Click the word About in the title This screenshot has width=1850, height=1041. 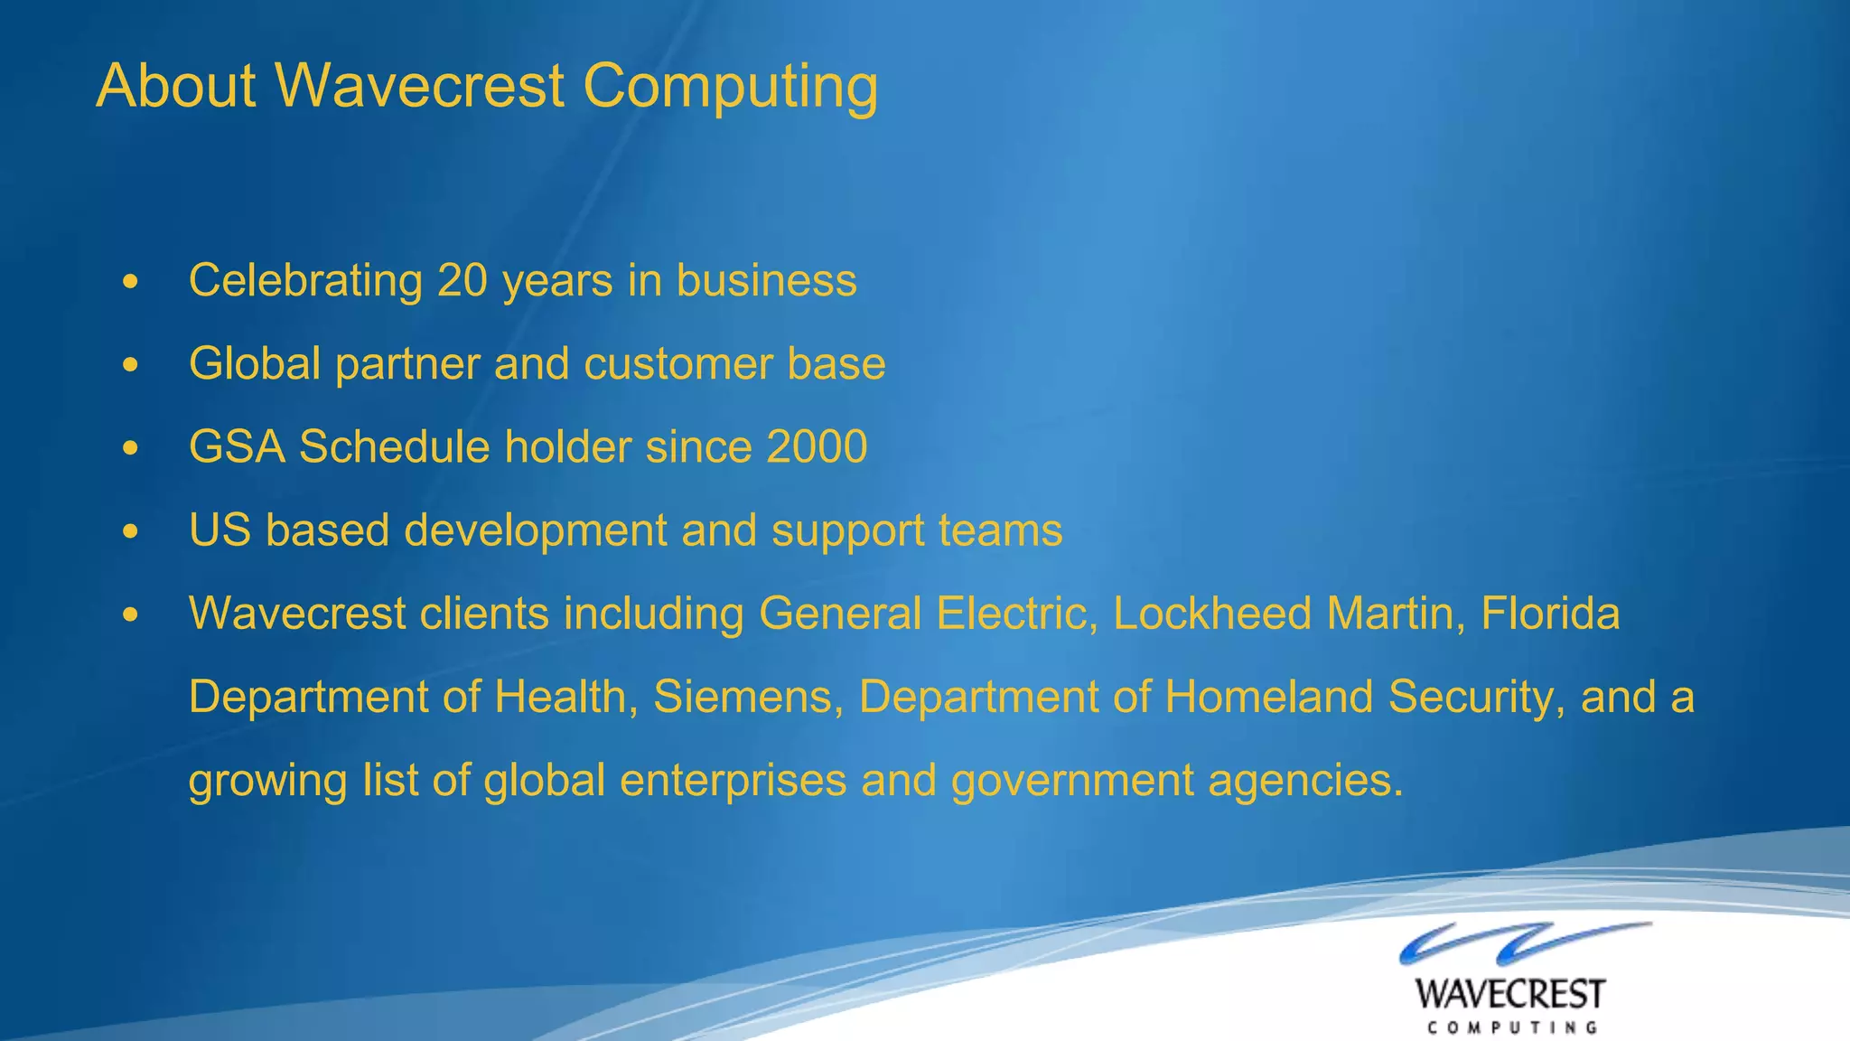176,87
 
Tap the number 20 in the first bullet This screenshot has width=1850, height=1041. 462,280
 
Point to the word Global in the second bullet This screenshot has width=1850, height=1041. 255,364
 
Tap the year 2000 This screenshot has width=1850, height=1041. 816,447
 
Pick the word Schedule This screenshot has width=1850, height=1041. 394,447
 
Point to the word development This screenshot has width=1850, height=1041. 535,531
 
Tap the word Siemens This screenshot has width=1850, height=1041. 747,698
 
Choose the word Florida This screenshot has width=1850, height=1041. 1550,614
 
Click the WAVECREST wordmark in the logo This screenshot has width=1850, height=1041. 1510,994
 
